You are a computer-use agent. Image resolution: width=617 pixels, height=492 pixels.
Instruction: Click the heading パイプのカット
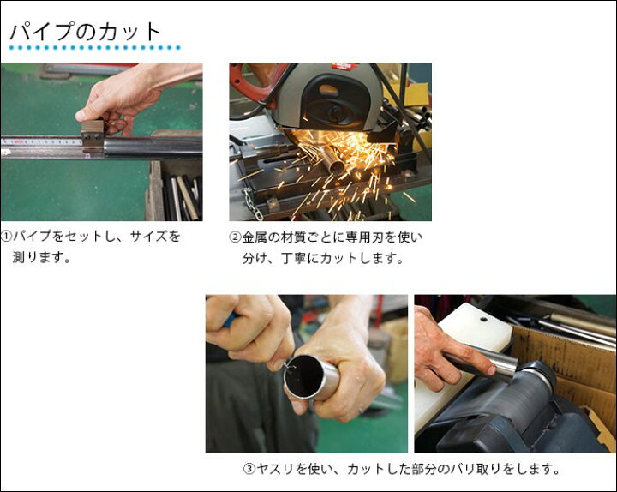coord(85,32)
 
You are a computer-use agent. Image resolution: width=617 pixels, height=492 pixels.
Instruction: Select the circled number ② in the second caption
coord(235,237)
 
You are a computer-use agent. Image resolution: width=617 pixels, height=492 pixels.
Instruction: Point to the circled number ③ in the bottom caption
coord(249,469)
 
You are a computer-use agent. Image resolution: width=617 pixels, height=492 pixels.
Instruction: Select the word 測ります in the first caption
coord(42,256)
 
